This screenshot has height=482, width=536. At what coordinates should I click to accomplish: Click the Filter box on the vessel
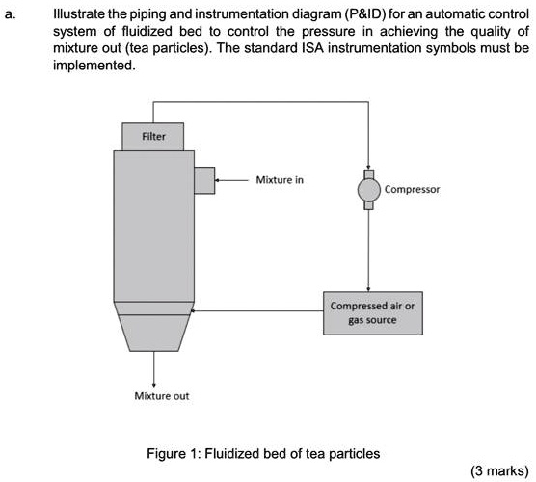(153, 136)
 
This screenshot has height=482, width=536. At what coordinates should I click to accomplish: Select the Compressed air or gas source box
(369, 312)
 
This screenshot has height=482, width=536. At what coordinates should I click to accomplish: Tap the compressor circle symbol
(369, 191)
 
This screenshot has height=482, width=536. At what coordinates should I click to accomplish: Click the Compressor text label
(412, 190)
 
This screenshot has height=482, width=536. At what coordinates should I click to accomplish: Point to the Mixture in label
(280, 179)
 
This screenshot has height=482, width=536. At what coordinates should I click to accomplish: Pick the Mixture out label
(155, 395)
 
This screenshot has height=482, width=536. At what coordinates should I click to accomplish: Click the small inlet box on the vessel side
(203, 180)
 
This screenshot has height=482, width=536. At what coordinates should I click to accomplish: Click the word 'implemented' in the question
(96, 66)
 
